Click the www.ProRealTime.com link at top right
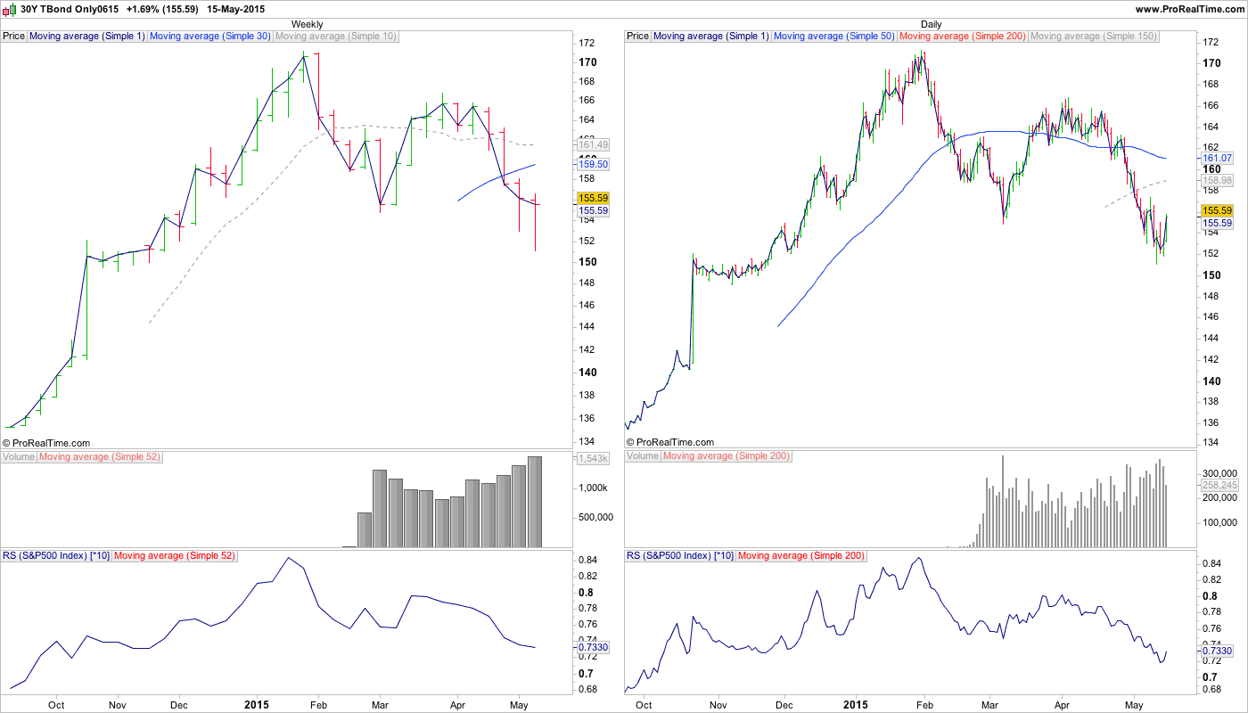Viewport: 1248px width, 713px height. [1189, 8]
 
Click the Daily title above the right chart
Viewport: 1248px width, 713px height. [931, 24]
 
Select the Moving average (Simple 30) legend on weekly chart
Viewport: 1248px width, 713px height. [210, 37]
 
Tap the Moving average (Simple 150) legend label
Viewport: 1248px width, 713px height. [1093, 37]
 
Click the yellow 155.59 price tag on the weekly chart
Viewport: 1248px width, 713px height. [593, 198]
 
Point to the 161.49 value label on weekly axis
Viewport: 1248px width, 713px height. [593, 144]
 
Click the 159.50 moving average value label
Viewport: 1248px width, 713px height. [593, 165]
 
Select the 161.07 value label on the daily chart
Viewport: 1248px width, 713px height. [1217, 158]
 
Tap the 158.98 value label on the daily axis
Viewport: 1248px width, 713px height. [1217, 180]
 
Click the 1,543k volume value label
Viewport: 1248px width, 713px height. [593, 458]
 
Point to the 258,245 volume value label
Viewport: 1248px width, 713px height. [1220, 485]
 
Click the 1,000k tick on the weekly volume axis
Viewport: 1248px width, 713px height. [592, 488]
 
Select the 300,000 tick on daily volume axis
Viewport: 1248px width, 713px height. [1219, 473]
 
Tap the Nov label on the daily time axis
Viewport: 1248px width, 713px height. [718, 704]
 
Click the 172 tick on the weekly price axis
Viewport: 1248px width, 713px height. [587, 43]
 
